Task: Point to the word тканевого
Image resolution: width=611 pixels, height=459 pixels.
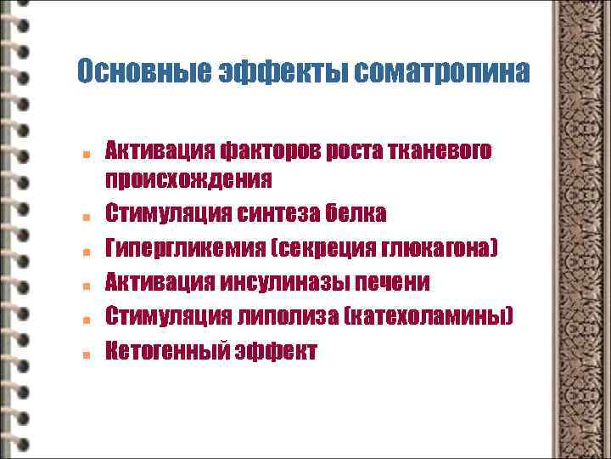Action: (x=435, y=152)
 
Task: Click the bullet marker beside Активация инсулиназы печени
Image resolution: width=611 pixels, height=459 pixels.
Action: (x=87, y=284)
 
